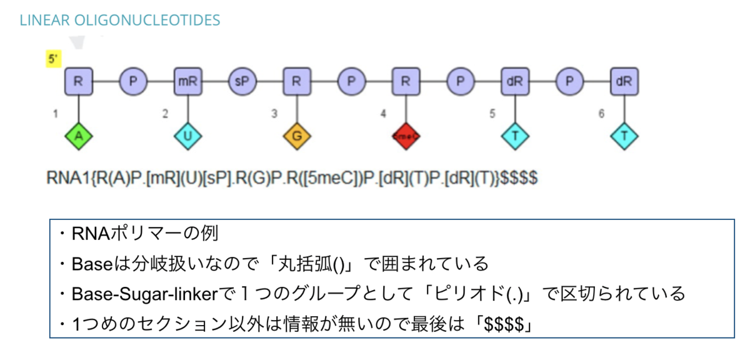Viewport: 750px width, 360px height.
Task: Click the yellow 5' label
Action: [53, 59]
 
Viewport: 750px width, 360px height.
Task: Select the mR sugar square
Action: [187, 81]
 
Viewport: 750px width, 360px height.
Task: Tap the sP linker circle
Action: [241, 81]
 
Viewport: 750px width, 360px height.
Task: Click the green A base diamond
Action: [78, 135]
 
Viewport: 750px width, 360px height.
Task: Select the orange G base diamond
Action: [296, 135]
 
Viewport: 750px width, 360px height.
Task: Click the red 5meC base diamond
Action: [406, 135]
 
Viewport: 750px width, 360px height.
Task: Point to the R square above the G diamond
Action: [296, 81]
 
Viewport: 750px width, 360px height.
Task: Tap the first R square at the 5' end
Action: [78, 81]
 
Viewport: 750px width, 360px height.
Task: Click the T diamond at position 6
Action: [624, 135]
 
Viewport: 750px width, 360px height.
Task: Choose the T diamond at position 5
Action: [514, 135]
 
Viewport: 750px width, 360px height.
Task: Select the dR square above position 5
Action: [514, 81]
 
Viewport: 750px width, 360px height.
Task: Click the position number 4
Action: [383, 114]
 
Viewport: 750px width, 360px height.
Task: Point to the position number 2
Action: [165, 114]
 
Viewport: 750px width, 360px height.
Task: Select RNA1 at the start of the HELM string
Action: [65, 177]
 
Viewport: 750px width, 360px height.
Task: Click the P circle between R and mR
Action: [132, 81]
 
